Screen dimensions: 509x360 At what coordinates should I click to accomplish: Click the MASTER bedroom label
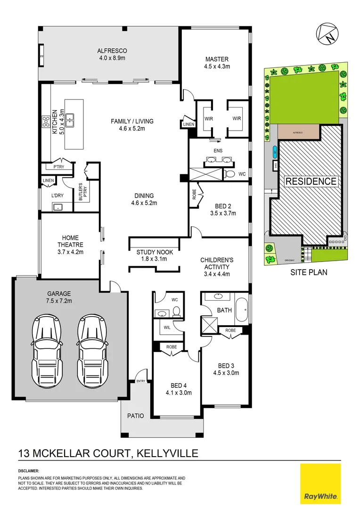coord(217,59)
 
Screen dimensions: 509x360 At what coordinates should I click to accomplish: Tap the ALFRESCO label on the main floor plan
coord(112,51)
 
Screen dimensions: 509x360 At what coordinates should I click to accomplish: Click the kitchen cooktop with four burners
coord(47,122)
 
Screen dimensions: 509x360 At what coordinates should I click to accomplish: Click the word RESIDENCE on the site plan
coord(310,181)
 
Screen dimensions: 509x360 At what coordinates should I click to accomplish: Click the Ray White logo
coord(320,483)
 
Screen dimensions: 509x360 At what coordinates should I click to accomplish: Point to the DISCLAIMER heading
coord(29,471)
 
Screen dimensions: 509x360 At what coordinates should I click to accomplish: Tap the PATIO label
coord(135,415)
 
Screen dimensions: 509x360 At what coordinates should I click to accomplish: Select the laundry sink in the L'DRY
coord(59,206)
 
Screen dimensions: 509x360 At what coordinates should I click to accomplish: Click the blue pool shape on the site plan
coord(274,152)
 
